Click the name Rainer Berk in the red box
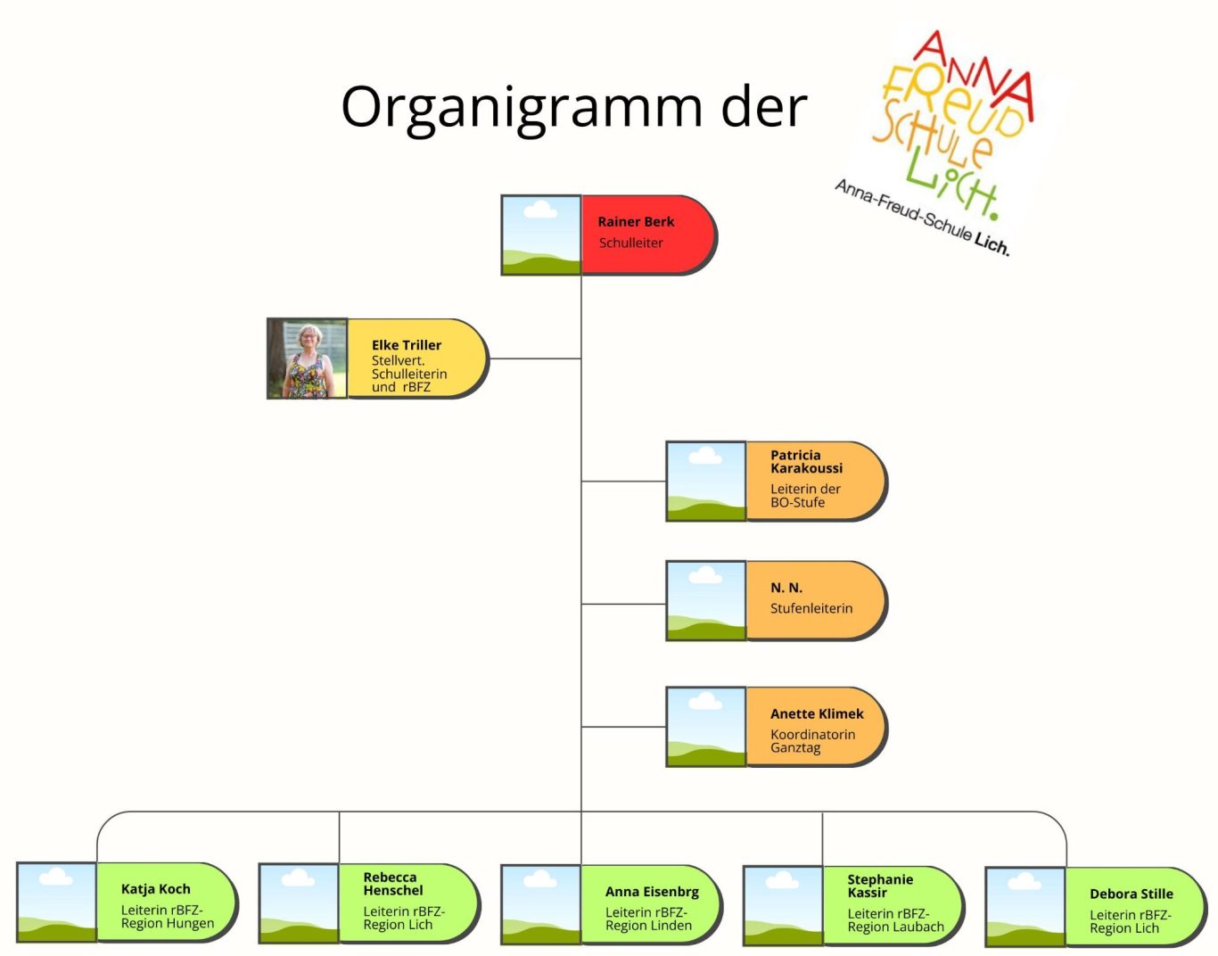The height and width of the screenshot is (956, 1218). pos(636,221)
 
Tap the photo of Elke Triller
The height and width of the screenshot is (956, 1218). pos(308,358)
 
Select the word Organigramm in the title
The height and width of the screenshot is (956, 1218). pos(523,107)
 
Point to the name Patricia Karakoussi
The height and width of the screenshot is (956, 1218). pos(806,461)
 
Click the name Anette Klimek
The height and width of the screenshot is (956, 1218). pos(817,713)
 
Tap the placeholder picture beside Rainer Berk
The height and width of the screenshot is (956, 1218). pos(541,235)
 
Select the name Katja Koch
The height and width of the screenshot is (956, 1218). pos(156,888)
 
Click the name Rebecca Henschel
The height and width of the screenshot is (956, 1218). pos(393,884)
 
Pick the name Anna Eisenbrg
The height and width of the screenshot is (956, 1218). pos(652,891)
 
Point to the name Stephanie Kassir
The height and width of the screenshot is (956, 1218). pos(880,886)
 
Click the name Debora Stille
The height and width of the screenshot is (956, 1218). pos(1131,894)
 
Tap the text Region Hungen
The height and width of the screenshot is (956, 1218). pos(168,924)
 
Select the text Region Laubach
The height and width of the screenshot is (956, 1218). pos(895,927)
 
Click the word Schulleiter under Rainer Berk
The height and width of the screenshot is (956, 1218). pos(631,243)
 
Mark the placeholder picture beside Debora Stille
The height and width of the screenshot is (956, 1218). pos(1025,906)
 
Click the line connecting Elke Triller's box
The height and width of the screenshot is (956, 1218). pos(535,358)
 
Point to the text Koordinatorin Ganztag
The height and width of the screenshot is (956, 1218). pos(812,741)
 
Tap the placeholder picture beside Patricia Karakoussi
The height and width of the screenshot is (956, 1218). pos(706,482)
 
